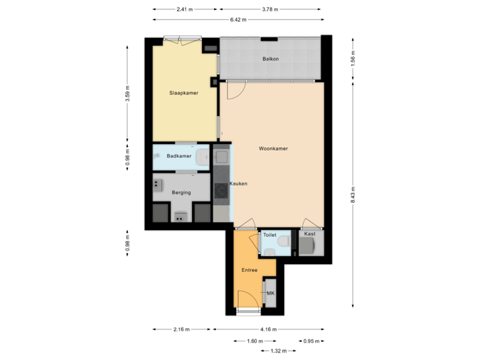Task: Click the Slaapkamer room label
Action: point(184,93)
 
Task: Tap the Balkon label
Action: point(270,59)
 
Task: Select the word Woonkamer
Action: point(273,149)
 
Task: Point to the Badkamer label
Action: point(179,156)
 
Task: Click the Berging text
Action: point(181,192)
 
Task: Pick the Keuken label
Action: point(239,183)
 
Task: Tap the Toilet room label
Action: point(269,235)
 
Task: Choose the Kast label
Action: point(309,235)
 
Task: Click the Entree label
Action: point(249,270)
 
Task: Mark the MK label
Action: point(270,293)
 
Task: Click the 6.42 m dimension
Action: point(238,19)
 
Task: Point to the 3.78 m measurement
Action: point(270,9)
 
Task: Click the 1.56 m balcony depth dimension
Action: point(353,59)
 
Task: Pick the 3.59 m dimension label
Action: point(127,93)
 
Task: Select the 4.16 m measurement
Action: point(269,329)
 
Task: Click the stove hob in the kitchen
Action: point(221,190)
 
